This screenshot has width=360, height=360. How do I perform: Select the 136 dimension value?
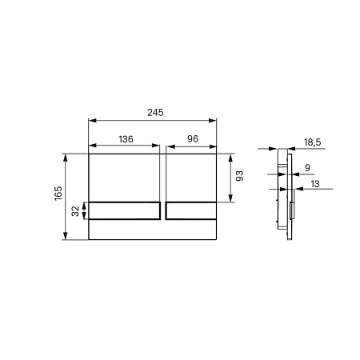[x=126, y=139]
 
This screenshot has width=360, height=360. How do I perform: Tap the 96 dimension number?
[x=191, y=139]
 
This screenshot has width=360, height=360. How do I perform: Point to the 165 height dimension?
[x=56, y=195]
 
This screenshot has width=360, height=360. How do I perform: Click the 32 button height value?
[x=76, y=211]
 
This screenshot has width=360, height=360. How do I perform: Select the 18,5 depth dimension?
[x=313, y=142]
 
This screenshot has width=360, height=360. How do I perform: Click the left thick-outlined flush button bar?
[x=124, y=211]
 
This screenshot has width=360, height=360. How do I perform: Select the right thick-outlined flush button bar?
[x=191, y=211]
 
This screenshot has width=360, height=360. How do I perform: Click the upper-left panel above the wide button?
[x=124, y=176]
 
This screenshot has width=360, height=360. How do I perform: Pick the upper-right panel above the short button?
[x=191, y=176]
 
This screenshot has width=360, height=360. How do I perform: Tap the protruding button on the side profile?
[x=290, y=212]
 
